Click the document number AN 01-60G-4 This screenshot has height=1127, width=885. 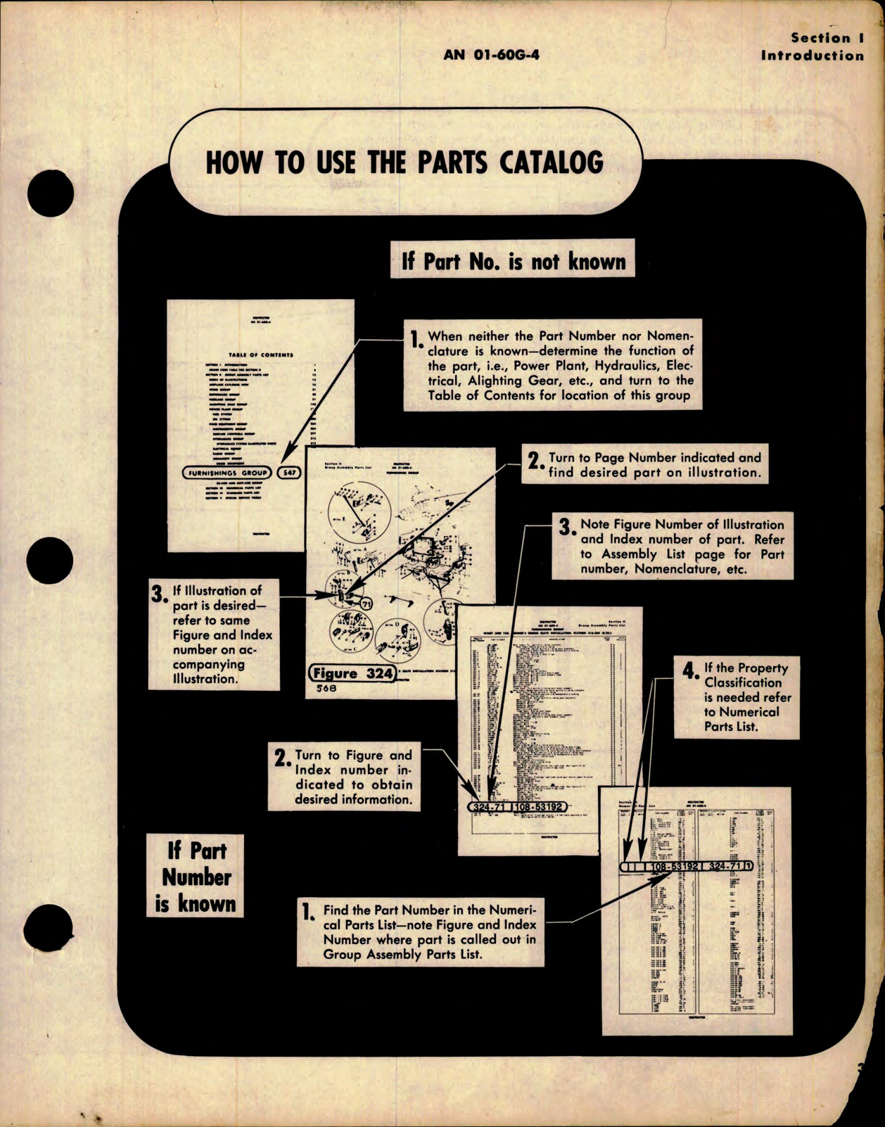[491, 54]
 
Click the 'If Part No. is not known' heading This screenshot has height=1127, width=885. [513, 262]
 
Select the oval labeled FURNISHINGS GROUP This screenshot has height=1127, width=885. [227, 473]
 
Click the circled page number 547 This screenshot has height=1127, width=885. [289, 473]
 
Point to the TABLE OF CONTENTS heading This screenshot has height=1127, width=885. [260, 355]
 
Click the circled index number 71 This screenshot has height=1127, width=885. [365, 604]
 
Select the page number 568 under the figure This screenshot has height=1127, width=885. [326, 689]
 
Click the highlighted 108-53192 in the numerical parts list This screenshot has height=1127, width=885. [674, 866]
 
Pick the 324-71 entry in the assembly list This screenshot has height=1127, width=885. [490, 806]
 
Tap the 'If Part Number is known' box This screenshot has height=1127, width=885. [196, 876]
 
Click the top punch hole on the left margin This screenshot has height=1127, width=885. [50, 192]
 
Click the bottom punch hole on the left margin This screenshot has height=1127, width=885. [49, 929]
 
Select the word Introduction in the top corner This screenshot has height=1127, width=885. [813, 56]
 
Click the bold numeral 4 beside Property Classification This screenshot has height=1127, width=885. [689, 670]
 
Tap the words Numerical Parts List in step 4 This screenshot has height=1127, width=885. [741, 719]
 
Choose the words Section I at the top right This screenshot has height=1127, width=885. [827, 38]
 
